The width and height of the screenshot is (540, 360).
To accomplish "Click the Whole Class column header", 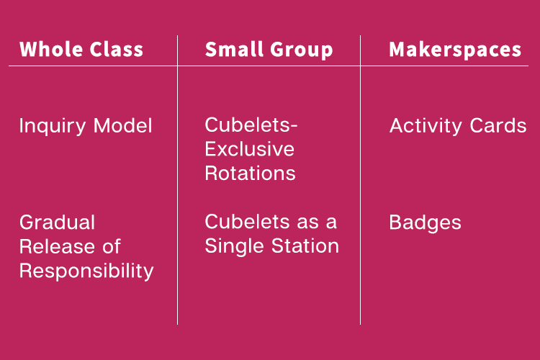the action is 81,49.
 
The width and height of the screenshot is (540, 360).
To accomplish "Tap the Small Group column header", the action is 269,50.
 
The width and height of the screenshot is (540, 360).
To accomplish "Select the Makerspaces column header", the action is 455,50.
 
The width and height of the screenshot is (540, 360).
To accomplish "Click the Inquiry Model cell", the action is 86,126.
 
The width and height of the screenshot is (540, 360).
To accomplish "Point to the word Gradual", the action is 57,222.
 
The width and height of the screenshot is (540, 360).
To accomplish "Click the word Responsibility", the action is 86,271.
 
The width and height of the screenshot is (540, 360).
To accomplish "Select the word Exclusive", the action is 250,149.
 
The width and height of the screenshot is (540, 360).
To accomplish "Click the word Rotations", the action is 251,174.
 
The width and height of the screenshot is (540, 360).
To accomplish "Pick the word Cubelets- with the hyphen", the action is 251,125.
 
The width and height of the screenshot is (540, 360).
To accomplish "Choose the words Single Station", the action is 272,247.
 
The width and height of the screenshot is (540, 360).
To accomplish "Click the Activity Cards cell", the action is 458,126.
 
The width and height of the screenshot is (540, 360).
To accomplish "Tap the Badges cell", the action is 426,223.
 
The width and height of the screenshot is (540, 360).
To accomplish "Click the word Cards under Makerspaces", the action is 498,125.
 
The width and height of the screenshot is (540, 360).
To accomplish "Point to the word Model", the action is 123,125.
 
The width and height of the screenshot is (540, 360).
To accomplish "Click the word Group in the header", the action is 302,50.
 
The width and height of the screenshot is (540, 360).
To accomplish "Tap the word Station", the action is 305,246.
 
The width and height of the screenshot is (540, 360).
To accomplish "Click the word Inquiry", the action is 53,126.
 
